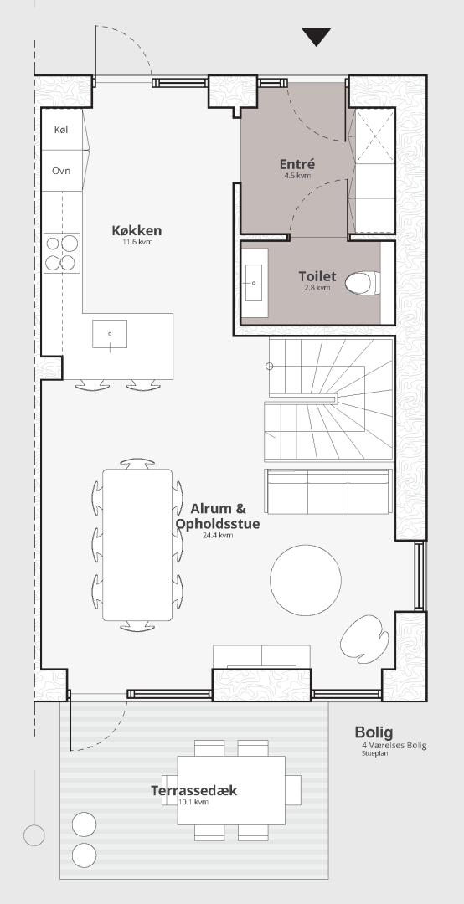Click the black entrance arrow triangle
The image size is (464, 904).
point(317,36)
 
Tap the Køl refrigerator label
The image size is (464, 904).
point(60,130)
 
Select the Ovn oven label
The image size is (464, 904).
point(61,171)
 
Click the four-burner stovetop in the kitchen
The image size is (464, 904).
point(62,253)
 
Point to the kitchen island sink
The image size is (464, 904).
point(110,334)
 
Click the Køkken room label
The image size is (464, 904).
point(137,231)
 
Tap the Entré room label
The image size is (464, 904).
point(297,164)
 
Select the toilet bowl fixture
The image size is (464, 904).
point(362,283)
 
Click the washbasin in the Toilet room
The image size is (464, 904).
point(254,283)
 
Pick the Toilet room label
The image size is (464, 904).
point(317,276)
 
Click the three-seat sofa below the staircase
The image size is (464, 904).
point(328,491)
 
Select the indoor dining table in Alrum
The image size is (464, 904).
point(137,545)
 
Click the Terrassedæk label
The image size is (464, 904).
point(194,790)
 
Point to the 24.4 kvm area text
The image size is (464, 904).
point(218,536)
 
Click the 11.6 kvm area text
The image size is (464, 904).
point(137,242)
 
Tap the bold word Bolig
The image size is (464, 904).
point(374,732)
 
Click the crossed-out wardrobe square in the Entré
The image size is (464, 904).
point(375,136)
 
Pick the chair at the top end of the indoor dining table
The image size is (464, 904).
point(137,464)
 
